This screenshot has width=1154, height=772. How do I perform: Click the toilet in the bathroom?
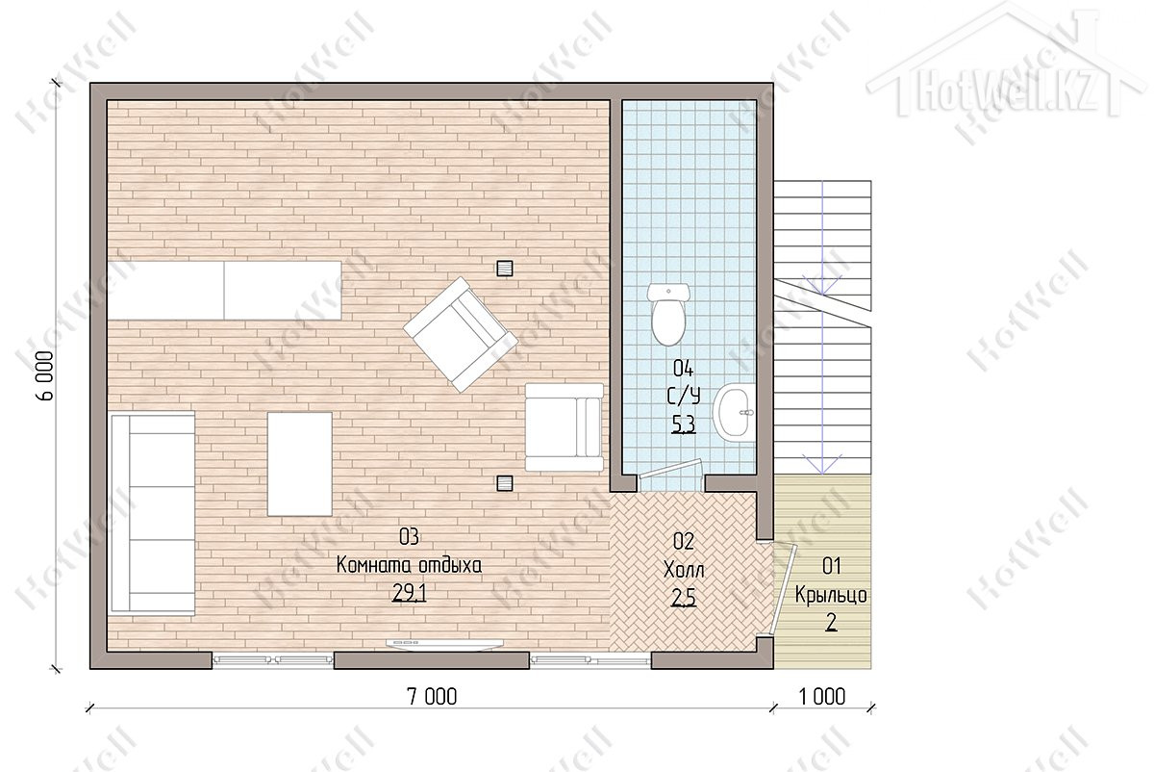click(668, 314)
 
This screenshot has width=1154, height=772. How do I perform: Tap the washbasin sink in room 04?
click(734, 413)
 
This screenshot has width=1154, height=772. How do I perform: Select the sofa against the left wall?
click(153, 513)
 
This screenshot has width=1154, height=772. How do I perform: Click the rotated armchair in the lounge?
click(460, 334)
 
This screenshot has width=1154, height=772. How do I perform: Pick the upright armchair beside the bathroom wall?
click(564, 427)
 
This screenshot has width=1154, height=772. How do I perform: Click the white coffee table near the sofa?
click(299, 464)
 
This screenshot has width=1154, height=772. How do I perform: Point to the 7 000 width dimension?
click(432, 697)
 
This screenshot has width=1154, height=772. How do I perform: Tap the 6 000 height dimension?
click(46, 375)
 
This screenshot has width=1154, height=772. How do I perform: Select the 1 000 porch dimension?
click(822, 697)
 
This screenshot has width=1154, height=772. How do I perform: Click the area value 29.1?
click(409, 594)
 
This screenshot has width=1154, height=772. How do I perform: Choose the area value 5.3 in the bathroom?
click(684, 425)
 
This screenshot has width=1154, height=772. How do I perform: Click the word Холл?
click(684, 571)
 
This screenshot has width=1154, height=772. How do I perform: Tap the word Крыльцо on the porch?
click(831, 595)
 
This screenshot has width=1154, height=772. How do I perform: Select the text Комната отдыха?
click(409, 565)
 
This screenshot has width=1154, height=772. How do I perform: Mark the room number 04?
click(684, 369)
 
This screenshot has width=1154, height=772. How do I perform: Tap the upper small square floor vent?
click(504, 269)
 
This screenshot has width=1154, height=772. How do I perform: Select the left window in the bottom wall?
click(273, 659)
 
